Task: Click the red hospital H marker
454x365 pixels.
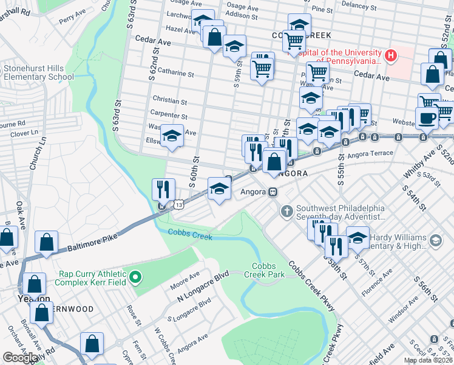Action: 391,56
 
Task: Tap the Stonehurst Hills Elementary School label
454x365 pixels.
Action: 39,73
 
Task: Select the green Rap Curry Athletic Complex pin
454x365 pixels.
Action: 137,279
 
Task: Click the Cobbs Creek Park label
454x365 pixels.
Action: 268,271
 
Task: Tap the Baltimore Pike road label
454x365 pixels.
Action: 91,244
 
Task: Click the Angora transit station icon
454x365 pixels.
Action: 273,192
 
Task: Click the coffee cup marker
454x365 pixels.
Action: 427,118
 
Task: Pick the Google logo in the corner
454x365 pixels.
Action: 20,358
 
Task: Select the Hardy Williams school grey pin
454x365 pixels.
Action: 435,242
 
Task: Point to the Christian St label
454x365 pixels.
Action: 170,100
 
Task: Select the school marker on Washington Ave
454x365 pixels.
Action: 172,135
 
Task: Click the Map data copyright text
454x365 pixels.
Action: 428,360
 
